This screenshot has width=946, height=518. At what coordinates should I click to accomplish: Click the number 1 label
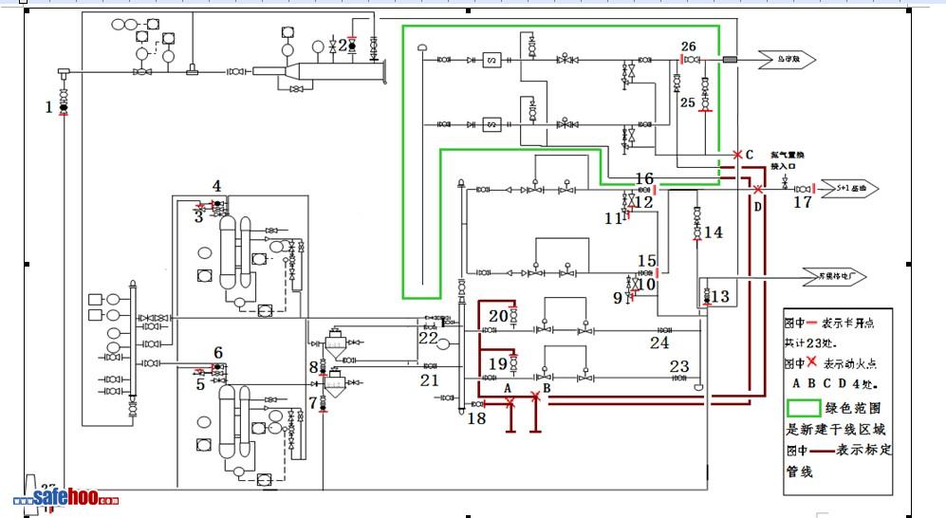[x=49, y=107]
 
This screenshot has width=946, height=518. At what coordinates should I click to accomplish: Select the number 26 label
[x=689, y=46]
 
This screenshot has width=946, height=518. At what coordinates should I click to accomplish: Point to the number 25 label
[x=688, y=102]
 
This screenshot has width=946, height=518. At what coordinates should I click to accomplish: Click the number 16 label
[x=644, y=178]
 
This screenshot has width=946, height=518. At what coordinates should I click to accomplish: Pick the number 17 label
[x=803, y=201]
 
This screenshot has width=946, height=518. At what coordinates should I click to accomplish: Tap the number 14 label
[x=714, y=231]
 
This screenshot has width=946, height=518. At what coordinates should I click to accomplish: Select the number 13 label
[x=720, y=297]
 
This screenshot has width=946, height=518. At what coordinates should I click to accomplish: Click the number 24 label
[x=659, y=342]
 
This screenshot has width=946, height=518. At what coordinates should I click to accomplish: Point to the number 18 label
[x=476, y=418]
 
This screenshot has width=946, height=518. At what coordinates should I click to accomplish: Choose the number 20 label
[x=498, y=316]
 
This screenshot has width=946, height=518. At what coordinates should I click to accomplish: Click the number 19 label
[x=497, y=363]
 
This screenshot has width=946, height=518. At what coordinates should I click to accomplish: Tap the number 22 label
[x=429, y=337]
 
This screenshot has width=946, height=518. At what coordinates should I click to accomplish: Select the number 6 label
[x=218, y=353]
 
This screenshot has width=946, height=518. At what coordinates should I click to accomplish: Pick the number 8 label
[x=313, y=367]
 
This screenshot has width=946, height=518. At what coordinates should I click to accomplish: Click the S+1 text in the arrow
[x=843, y=188]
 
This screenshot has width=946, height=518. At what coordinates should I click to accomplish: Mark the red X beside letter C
[x=737, y=154]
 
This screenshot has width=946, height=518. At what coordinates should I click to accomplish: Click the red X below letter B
[x=535, y=397]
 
